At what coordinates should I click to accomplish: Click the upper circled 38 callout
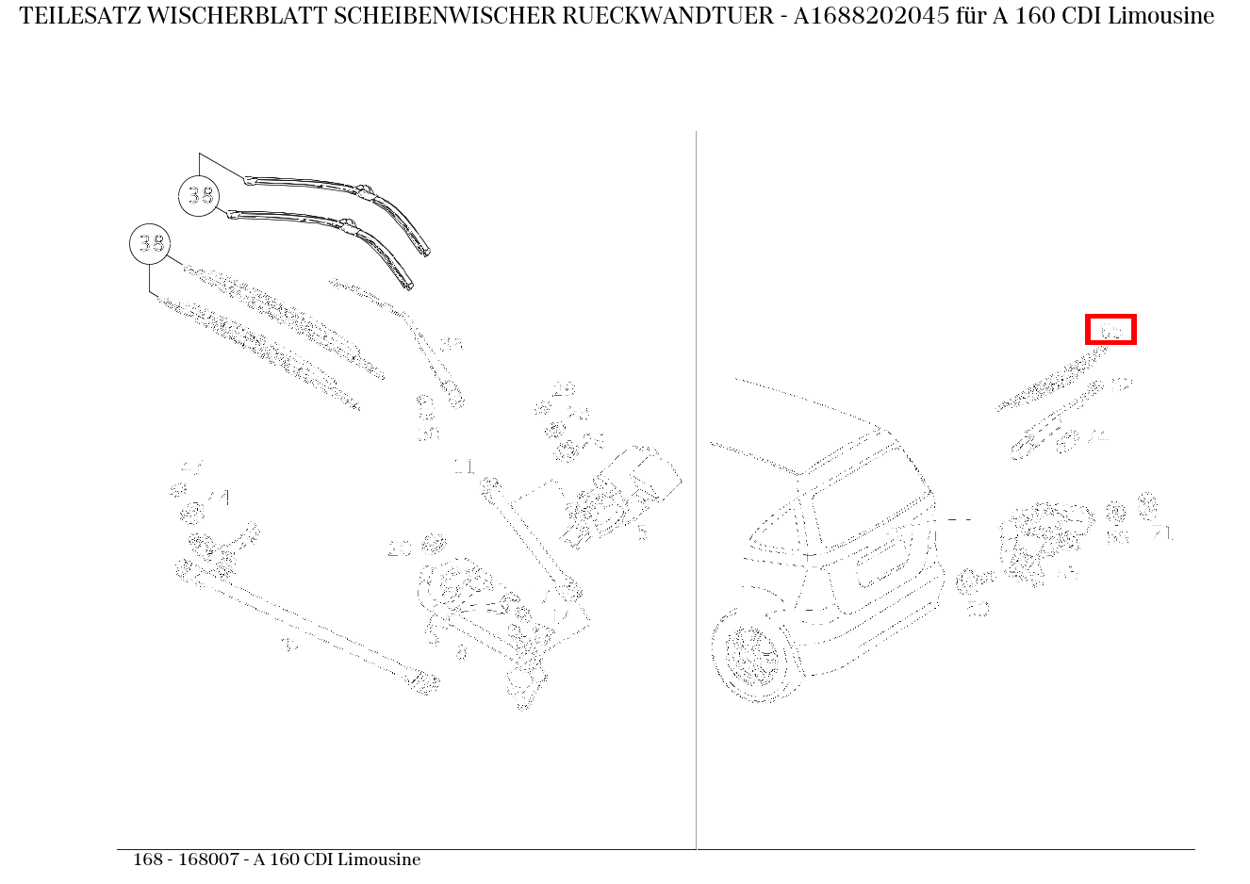point(199,196)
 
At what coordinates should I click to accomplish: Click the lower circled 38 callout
point(150,245)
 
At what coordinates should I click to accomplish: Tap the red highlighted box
point(1110,330)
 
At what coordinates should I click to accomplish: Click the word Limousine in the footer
point(378,859)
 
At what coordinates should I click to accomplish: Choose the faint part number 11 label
point(464,467)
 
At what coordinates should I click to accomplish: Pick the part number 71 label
point(1162,533)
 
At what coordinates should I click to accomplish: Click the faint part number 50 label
point(978,609)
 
